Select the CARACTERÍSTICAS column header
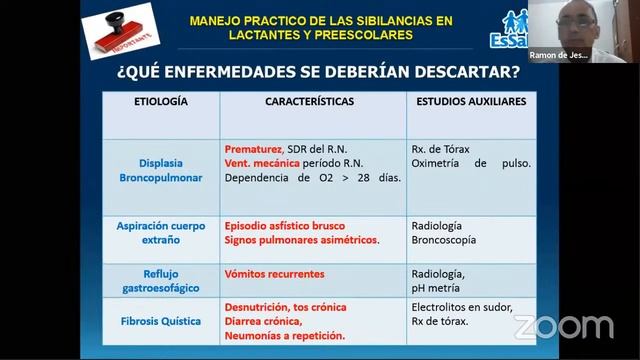click(x=313, y=102)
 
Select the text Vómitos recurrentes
click(x=274, y=274)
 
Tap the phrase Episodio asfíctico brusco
click(x=287, y=226)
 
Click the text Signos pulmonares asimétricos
click(x=301, y=240)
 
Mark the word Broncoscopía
click(x=444, y=240)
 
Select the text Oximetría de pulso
click(x=471, y=163)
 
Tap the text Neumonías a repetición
click(x=285, y=336)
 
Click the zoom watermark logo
click(x=563, y=326)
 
